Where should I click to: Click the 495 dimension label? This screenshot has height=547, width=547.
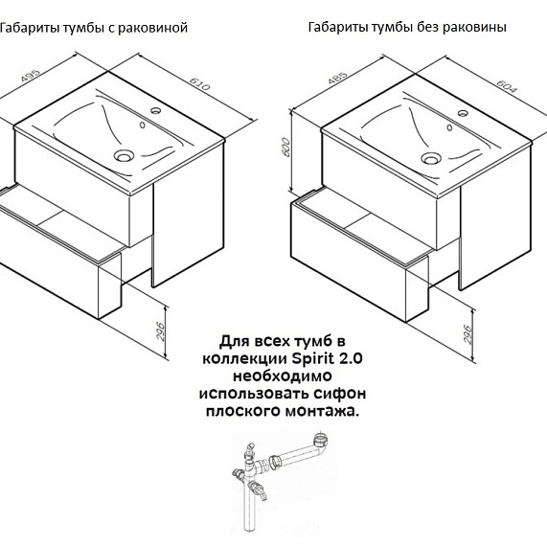click(x=31, y=77)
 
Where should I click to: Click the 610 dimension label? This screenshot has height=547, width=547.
click(x=200, y=83)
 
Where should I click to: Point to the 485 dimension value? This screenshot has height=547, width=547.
click(x=338, y=79)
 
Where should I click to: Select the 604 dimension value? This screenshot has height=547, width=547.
click(x=506, y=86)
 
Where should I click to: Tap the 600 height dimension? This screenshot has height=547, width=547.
click(x=285, y=148)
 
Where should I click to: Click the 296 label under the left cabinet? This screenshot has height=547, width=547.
click(x=159, y=331)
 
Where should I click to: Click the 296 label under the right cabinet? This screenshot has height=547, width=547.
click(x=467, y=333)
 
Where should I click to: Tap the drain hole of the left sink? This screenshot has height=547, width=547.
click(x=124, y=155)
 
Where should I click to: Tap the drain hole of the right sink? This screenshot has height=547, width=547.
click(x=431, y=158)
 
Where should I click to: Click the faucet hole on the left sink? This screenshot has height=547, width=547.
click(x=155, y=110)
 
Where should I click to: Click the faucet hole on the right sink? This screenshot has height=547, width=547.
click(x=463, y=113)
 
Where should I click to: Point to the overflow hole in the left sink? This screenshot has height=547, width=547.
click(x=143, y=125)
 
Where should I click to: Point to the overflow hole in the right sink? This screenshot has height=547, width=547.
click(x=449, y=127)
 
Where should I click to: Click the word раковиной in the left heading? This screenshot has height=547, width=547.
click(x=153, y=28)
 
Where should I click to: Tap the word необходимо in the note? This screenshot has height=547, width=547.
click(x=283, y=376)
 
